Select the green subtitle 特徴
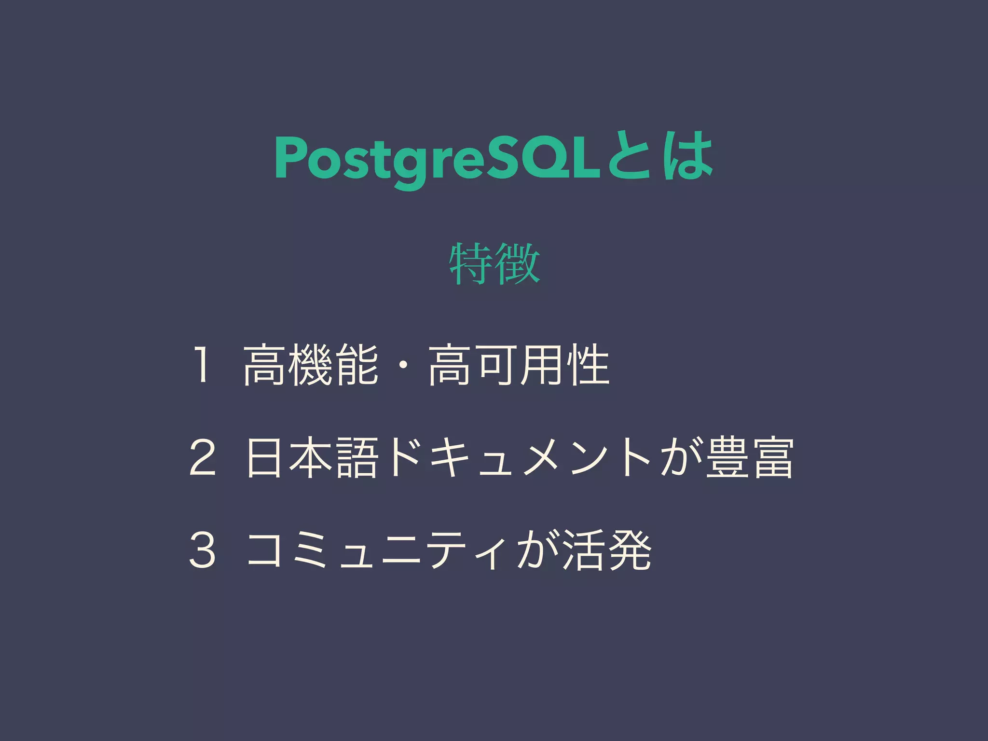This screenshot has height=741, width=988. pyautogui.click(x=494, y=263)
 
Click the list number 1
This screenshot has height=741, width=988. pyautogui.click(x=202, y=365)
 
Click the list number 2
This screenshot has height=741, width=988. pyautogui.click(x=203, y=457)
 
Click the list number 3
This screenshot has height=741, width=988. pyautogui.click(x=203, y=550)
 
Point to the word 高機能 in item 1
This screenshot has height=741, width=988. pyautogui.click(x=311, y=365)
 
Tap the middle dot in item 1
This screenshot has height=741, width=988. pyautogui.click(x=403, y=365)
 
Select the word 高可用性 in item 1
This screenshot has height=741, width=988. pyautogui.click(x=519, y=365)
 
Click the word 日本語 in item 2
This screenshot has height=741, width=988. pyautogui.click(x=311, y=457)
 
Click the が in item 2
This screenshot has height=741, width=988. pyautogui.click(x=680, y=457)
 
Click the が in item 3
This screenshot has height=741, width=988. pyautogui.click(x=537, y=550)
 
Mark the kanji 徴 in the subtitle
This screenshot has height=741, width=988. pyautogui.click(x=518, y=263)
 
